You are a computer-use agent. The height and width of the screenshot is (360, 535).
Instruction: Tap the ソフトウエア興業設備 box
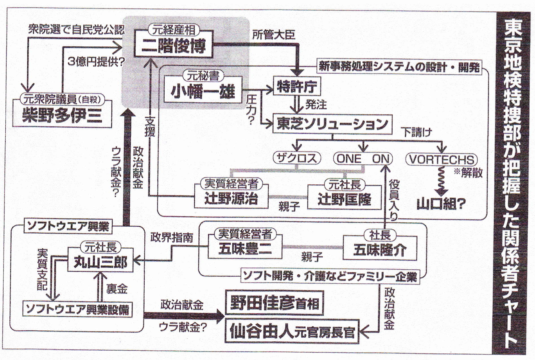click(78, 309)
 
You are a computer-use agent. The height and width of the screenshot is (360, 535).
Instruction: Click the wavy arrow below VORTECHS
click(439, 180)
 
